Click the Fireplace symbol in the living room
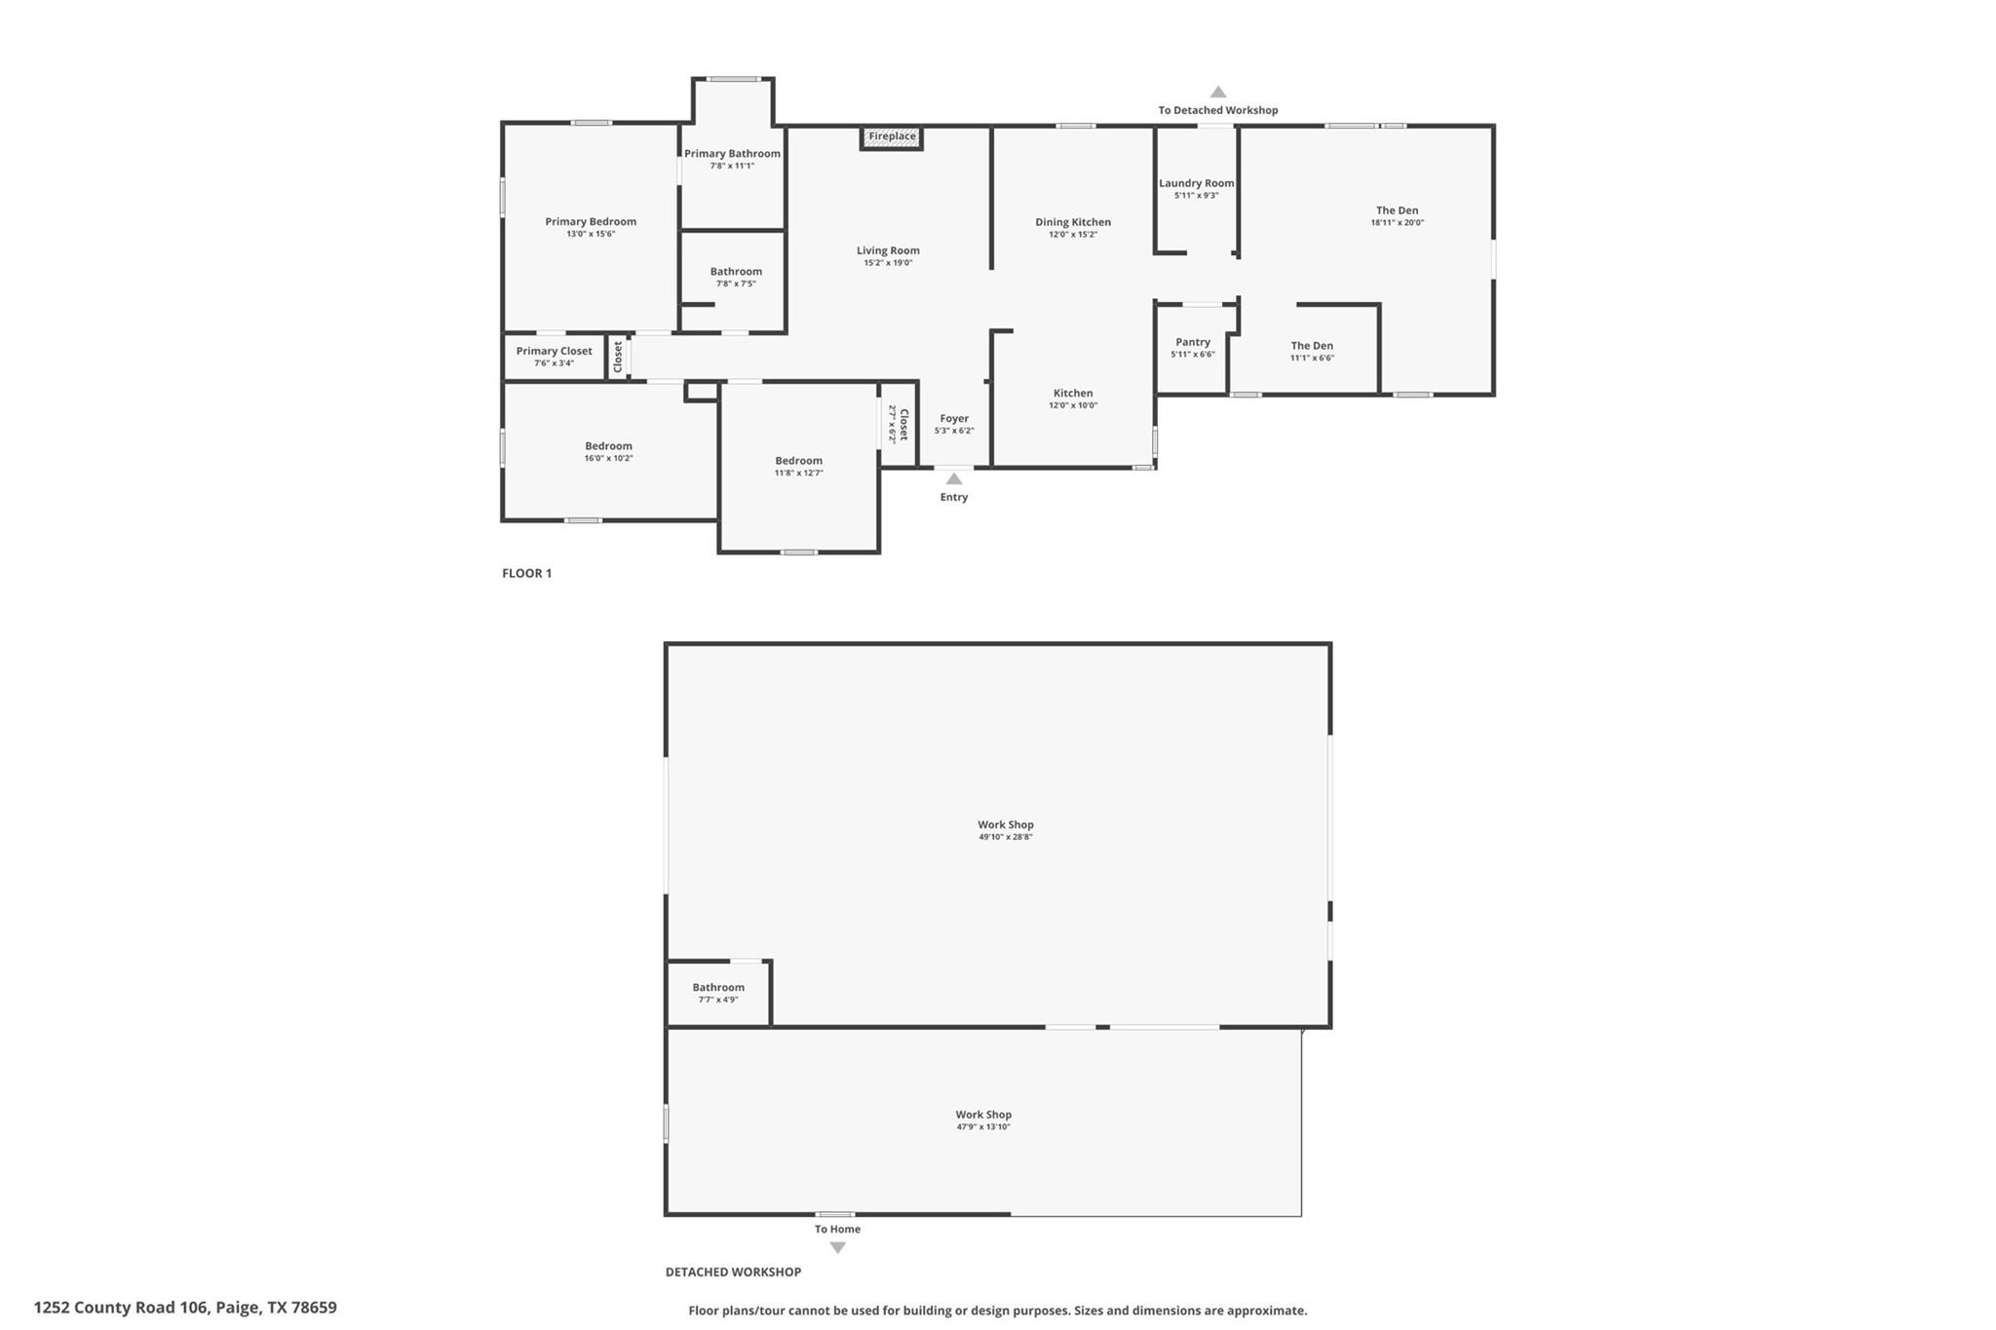[x=892, y=137]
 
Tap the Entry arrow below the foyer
[x=954, y=479]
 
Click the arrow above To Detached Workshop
[x=1218, y=93]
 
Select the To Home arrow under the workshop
[x=837, y=1247]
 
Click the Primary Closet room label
[x=554, y=351]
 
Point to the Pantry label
[x=1193, y=342]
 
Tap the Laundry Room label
[x=1196, y=183]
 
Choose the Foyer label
[x=954, y=418]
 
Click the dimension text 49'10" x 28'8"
[x=1006, y=837]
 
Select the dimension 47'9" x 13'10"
[x=983, y=1127]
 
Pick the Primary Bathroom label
[x=732, y=154]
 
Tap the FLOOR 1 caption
[x=526, y=573]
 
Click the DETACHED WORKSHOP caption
[x=733, y=1272]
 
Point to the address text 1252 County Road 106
[x=185, y=1308]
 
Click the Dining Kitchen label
[x=1073, y=222]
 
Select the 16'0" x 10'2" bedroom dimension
[x=608, y=458]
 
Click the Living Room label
[x=888, y=250]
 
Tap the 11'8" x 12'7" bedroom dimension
[x=798, y=473]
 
